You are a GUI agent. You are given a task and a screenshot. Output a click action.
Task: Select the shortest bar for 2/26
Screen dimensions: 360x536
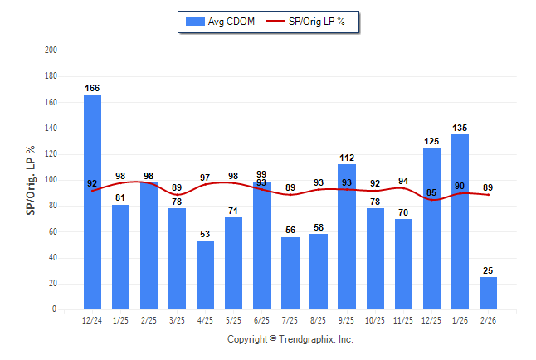[x=489, y=293]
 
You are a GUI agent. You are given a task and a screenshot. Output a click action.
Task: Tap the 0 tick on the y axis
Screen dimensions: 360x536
[x=54, y=309]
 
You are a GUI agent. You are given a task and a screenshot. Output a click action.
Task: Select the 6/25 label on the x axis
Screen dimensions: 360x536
[x=261, y=320]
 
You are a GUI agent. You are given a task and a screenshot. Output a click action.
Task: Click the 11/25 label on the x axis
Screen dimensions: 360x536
[x=403, y=320]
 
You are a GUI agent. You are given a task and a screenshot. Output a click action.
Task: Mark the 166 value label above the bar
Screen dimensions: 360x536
[x=92, y=88]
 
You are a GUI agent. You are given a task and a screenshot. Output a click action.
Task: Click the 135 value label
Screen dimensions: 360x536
[x=460, y=128]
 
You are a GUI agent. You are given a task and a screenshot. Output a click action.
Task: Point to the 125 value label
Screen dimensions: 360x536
[x=431, y=141]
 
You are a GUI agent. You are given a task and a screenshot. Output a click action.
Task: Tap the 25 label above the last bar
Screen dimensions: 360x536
[x=489, y=270]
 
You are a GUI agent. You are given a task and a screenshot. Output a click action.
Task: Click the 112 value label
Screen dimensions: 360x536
[x=347, y=158]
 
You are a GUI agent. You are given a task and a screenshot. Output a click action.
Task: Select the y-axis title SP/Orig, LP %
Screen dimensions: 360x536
[x=31, y=180]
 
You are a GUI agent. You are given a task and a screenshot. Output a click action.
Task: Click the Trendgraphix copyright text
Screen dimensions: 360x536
[x=290, y=339]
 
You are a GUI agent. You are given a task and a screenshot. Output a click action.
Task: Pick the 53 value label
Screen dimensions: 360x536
[x=205, y=234]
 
